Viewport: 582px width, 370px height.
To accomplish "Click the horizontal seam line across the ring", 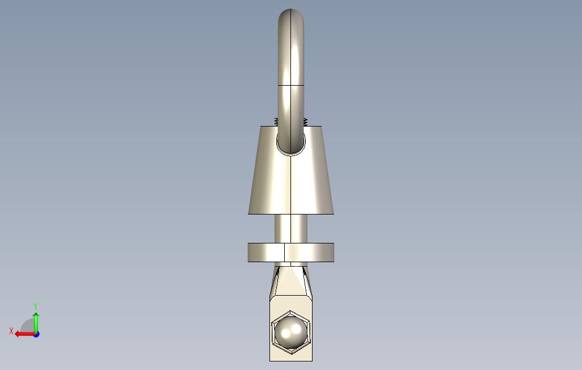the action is click(x=291, y=85).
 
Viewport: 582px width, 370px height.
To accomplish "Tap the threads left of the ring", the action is click(x=276, y=121).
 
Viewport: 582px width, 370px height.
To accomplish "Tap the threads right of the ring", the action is click(x=306, y=121).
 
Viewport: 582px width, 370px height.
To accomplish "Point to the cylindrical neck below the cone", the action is click(x=291, y=229).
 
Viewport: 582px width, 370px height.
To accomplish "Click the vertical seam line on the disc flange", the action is click(x=285, y=253).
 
